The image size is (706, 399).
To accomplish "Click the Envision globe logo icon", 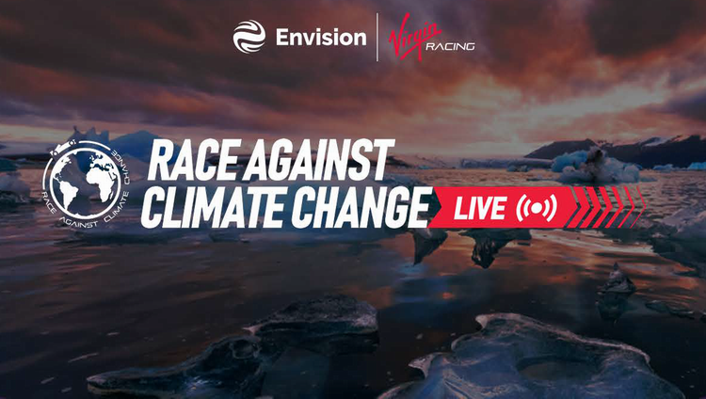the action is point(249,37).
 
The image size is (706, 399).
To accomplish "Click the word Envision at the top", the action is point(321,37).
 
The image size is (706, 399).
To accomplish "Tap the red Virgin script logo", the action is point(414,36).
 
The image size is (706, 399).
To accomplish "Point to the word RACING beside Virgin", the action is point(450,46).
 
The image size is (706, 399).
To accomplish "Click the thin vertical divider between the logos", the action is point(377,37).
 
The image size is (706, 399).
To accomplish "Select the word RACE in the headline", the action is point(194,160).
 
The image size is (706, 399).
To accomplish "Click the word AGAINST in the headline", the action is point(320,159).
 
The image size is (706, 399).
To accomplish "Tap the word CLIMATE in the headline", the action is point(213,207).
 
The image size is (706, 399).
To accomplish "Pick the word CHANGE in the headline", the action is point(361,207).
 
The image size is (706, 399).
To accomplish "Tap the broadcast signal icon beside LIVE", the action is point(537,208).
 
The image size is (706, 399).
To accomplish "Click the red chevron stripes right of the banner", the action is point(606,207).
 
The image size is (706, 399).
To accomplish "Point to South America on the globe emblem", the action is point(68,195).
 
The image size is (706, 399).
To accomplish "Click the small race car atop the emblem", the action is point(62,148).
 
